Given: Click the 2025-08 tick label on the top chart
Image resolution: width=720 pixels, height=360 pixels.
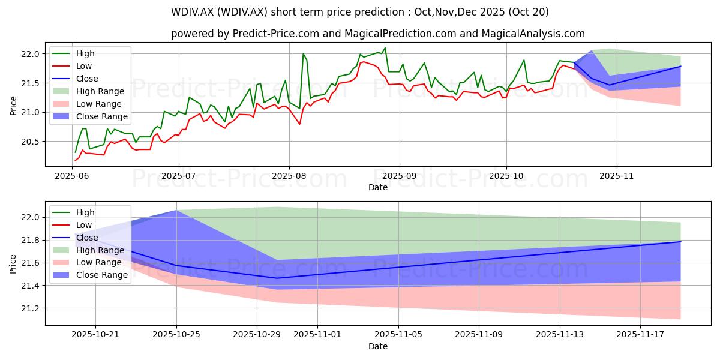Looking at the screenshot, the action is click(x=289, y=176).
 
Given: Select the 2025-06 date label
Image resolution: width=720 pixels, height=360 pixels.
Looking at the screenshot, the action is click(x=71, y=176).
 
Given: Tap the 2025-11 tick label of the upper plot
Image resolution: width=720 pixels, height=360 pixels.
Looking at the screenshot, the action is click(x=617, y=176).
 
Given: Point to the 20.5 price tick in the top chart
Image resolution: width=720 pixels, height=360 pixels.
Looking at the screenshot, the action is click(x=30, y=142).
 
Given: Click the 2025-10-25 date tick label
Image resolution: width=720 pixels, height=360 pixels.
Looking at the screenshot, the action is click(x=176, y=335).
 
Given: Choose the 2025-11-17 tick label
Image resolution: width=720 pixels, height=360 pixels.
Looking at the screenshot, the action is click(x=640, y=335).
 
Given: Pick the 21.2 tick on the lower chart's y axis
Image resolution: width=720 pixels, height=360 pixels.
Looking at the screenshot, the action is click(x=30, y=308).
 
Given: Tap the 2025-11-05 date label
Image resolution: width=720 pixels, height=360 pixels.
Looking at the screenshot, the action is click(x=398, y=335).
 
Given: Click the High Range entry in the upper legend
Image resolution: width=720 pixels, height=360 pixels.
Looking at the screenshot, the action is click(x=88, y=91).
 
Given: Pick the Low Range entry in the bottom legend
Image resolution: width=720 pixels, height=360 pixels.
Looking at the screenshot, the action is click(x=87, y=263).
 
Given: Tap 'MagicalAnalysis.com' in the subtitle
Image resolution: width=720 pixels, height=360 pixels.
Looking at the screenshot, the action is click(x=533, y=34).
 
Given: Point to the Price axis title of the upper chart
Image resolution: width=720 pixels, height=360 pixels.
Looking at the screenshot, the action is click(x=13, y=106).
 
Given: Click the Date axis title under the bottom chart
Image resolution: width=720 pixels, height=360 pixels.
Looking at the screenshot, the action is click(x=377, y=346).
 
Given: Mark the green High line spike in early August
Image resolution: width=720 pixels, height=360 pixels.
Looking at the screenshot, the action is click(x=303, y=53).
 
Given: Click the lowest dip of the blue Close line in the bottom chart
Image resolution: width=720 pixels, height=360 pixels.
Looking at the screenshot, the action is click(x=277, y=278).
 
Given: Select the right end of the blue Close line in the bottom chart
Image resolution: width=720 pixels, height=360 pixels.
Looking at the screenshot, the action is click(x=680, y=242).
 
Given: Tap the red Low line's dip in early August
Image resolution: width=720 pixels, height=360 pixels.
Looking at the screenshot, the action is click(x=299, y=124).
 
